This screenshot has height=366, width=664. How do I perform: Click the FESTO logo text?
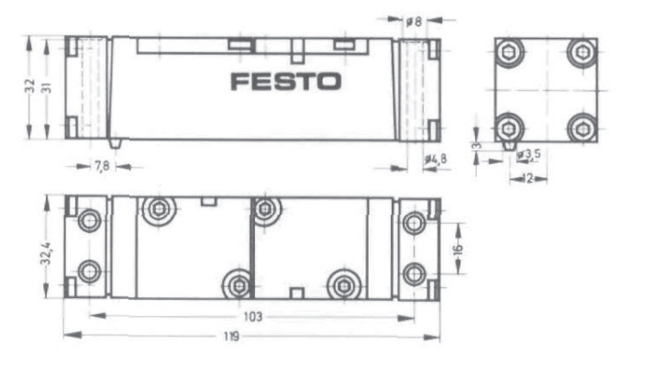click(x=286, y=82)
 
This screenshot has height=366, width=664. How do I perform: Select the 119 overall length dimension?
click(x=232, y=337)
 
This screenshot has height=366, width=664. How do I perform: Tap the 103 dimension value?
click(x=253, y=316)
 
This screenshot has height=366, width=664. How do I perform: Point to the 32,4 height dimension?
click(x=46, y=253)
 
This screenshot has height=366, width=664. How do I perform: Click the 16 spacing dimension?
click(x=458, y=250)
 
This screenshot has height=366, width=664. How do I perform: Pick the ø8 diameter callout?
click(x=414, y=21)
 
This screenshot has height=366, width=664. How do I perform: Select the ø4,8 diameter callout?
click(x=436, y=160)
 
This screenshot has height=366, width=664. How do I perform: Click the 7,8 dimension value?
click(x=102, y=166)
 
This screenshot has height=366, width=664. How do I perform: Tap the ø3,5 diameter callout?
click(x=529, y=154)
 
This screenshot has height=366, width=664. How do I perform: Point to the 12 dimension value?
click(x=527, y=179)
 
